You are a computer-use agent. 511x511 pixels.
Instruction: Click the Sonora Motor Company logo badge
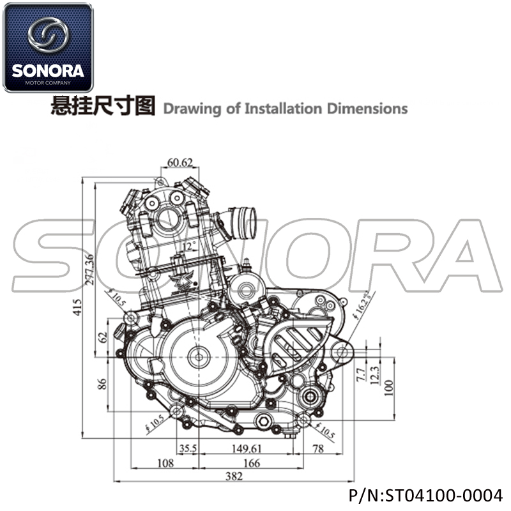pyautogui.click(x=48, y=47)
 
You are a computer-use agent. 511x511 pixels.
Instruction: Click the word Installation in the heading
pyautogui.click(x=283, y=109)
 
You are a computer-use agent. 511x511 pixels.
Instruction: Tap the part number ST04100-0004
pyautogui.click(x=444, y=496)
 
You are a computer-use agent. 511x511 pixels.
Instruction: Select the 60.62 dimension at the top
pyautogui.click(x=180, y=162)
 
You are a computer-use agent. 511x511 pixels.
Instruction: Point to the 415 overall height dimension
pyautogui.click(x=77, y=307)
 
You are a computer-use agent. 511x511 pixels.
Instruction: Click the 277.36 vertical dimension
pyautogui.click(x=89, y=269)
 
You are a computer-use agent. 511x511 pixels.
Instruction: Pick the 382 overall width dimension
pyautogui.click(x=234, y=476)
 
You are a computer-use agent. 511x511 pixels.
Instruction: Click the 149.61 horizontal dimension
pyautogui.click(x=247, y=449)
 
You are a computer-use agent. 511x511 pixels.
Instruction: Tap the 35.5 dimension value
pyautogui.click(x=188, y=448)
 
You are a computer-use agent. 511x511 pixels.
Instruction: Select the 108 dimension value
pyautogui.click(x=165, y=462)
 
